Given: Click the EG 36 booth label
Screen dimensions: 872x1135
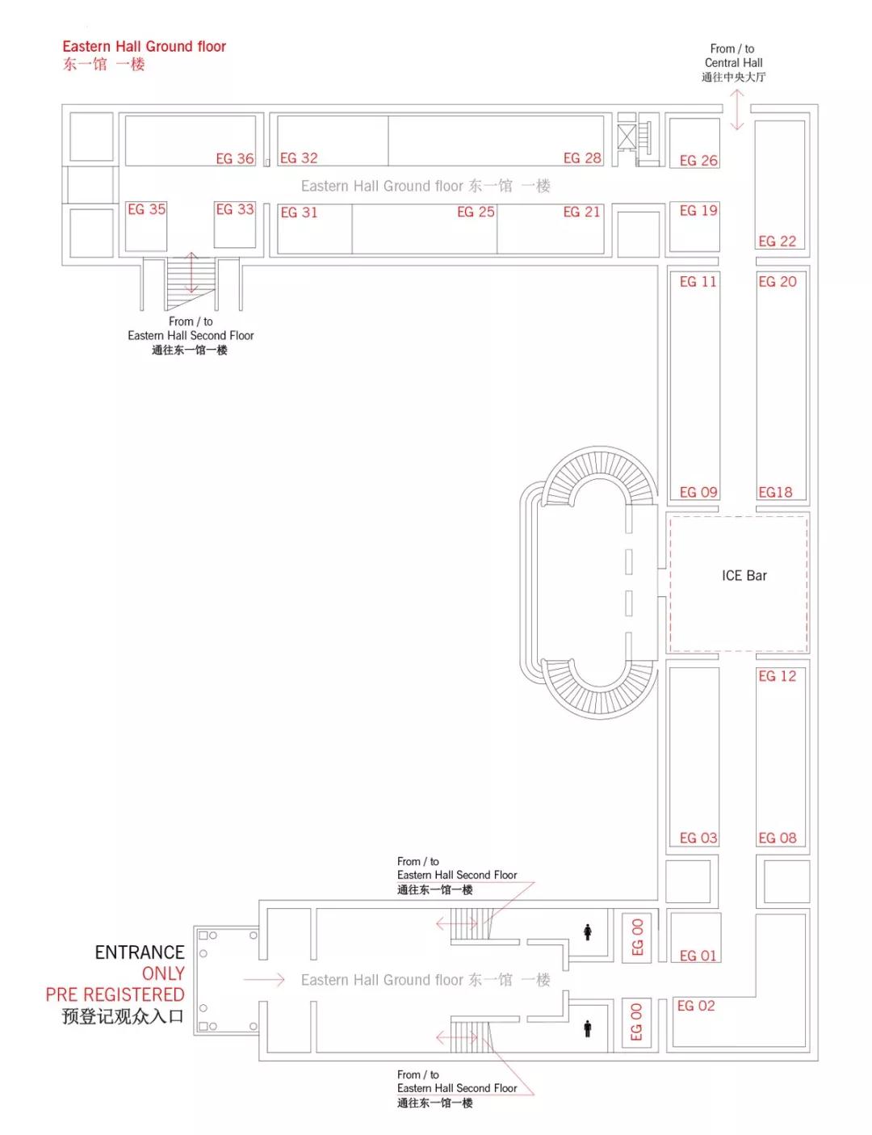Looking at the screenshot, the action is click(x=235, y=159).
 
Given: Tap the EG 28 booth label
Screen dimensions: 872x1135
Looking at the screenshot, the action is click(x=582, y=158).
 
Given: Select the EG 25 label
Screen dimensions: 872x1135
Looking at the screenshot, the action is click(x=476, y=212).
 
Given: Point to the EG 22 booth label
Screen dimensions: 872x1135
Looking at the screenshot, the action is click(x=777, y=242).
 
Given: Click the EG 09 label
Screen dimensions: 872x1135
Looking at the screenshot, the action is click(x=698, y=493).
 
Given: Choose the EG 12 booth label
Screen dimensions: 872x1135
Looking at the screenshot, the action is click(x=777, y=676).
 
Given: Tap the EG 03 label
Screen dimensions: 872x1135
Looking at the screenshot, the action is click(x=698, y=839).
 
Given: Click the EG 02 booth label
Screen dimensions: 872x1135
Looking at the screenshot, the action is click(x=696, y=1006).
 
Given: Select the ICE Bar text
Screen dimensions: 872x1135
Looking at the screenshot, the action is click(x=744, y=576).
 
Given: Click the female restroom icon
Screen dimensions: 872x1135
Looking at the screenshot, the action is click(x=588, y=932).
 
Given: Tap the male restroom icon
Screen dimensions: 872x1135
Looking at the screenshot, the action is click(x=588, y=1028).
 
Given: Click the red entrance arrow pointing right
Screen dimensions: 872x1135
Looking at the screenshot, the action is click(x=263, y=980).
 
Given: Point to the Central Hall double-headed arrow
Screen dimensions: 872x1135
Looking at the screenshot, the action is click(x=736, y=110).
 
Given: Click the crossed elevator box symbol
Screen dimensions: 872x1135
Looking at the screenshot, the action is click(x=626, y=137).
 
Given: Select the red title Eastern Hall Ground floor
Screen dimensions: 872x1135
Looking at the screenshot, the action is click(x=144, y=47).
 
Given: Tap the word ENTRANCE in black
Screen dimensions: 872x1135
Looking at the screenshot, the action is click(x=140, y=952).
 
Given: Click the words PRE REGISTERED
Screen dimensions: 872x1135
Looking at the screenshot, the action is click(x=115, y=995).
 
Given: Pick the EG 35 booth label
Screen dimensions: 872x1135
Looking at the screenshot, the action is click(x=147, y=209).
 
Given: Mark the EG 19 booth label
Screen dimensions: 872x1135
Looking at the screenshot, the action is click(x=698, y=211).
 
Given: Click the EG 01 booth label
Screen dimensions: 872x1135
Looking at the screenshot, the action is click(x=698, y=956).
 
